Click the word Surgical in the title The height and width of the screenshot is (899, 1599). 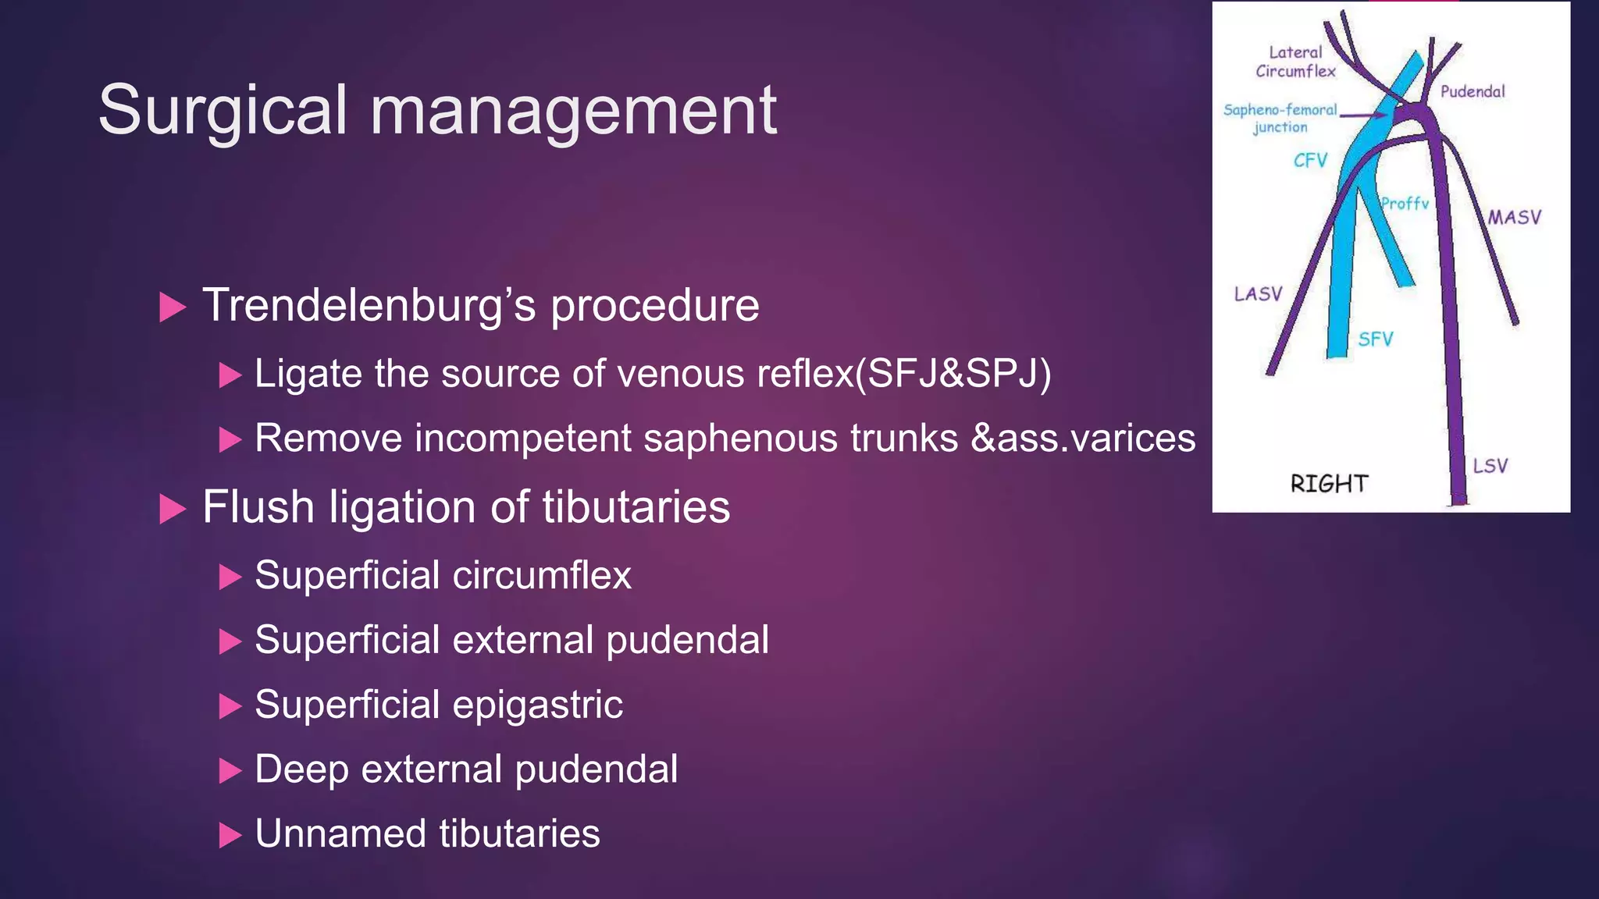[x=223, y=111]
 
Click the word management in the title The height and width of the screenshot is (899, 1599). [x=574, y=111]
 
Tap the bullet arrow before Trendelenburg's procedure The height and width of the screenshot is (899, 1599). [x=173, y=307]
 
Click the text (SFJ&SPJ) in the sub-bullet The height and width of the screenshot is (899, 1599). [x=953, y=373]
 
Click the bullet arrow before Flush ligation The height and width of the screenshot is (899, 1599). [x=173, y=509]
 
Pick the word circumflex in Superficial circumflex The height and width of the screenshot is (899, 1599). [x=542, y=576]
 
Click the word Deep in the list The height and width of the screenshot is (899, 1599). [x=301, y=769]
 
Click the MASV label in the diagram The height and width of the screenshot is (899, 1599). [x=1514, y=217]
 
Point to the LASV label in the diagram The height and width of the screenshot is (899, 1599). [x=1258, y=294]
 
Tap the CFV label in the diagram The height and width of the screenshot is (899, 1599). [x=1310, y=161]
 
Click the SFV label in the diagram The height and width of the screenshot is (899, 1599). [x=1375, y=339]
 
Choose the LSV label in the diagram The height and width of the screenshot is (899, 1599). [x=1490, y=466]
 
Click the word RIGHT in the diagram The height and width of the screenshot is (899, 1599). [x=1329, y=484]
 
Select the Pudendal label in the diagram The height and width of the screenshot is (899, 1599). [x=1473, y=91]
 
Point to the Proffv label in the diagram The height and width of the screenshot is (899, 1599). [x=1405, y=204]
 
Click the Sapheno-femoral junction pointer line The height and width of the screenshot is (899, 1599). [x=1362, y=115]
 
